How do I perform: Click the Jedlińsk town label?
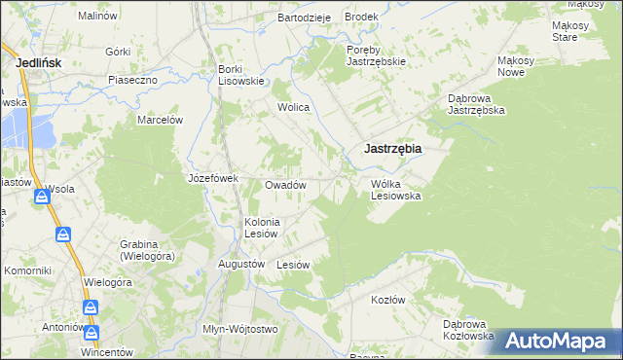pos(40,62)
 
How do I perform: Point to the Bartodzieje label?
pos(305,18)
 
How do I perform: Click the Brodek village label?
pos(361,18)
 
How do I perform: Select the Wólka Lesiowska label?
pos(395,189)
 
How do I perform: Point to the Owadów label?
pos(286,185)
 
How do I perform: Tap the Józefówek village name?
pos(213,179)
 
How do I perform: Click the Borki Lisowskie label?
pos(241,75)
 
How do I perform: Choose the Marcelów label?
pos(161,120)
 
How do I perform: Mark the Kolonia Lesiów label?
pos(262,228)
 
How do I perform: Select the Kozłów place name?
pos(387,300)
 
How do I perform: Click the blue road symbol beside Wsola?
pos(42,198)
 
